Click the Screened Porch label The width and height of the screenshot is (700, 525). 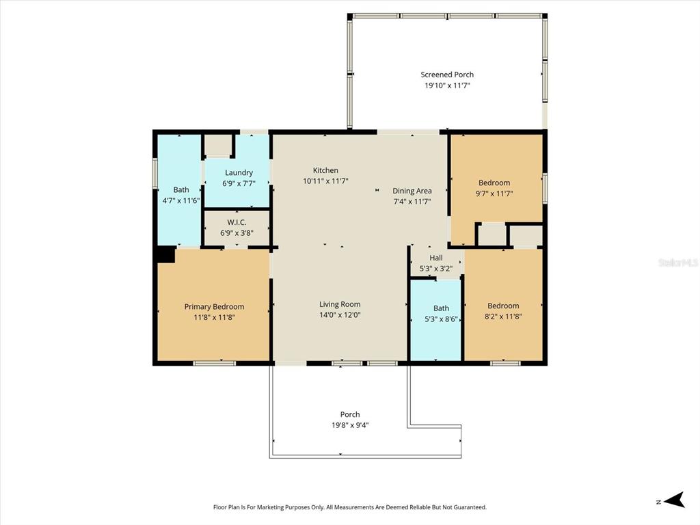[x=447, y=75]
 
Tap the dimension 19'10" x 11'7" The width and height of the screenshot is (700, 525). [x=447, y=85]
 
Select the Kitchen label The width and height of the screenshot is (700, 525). [x=325, y=170]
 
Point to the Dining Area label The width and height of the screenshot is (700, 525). [x=412, y=191]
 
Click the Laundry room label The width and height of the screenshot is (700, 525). [x=239, y=172]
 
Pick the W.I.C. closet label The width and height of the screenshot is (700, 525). [x=237, y=222]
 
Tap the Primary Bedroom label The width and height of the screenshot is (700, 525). [x=214, y=307]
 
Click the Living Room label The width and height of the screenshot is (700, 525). [x=340, y=304]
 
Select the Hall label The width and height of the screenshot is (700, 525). [x=436, y=258]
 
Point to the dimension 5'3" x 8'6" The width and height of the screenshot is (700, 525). [x=441, y=319]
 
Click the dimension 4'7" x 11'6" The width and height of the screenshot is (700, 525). [x=180, y=200]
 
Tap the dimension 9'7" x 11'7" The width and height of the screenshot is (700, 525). [x=494, y=193]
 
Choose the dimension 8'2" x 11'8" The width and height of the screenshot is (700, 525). [x=503, y=317]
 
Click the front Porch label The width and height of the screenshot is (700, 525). [x=350, y=414]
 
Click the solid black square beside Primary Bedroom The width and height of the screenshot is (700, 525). [x=166, y=254]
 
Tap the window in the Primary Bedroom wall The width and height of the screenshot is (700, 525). [x=214, y=363]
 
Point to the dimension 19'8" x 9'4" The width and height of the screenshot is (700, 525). [x=350, y=425]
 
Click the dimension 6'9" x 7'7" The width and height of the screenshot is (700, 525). [x=239, y=183]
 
